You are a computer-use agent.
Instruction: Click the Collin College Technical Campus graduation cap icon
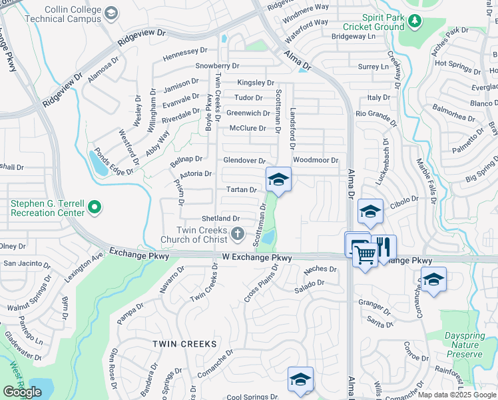point(111,14)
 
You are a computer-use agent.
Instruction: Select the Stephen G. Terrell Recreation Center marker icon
point(95,208)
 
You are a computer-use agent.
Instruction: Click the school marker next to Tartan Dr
point(278,179)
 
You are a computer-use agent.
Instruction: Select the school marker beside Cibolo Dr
point(370,211)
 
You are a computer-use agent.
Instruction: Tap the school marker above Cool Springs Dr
point(300,379)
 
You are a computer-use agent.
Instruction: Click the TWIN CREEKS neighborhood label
point(184,343)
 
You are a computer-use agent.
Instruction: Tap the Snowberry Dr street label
point(217,66)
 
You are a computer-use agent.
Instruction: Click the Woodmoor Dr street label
point(316,160)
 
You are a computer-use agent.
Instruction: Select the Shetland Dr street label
point(220,219)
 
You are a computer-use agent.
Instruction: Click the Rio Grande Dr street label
point(376,114)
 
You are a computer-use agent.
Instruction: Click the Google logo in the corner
point(22,392)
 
